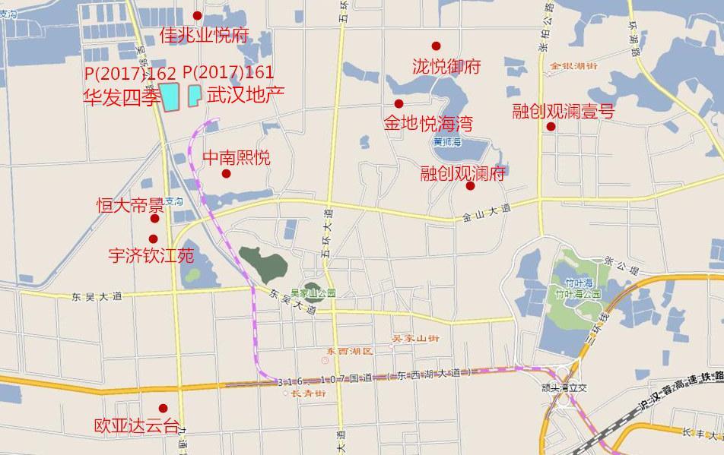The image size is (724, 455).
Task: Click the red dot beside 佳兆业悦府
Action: (198, 16)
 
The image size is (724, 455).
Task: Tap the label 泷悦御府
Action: (446, 67)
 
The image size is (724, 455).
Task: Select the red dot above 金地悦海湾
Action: (398, 104)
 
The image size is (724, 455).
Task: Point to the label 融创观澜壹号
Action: (563, 112)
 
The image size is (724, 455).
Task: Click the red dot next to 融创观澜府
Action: (470, 186)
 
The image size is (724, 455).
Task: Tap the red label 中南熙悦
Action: (237, 158)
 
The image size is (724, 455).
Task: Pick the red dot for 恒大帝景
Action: (154, 219)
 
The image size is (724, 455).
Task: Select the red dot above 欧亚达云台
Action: (162, 409)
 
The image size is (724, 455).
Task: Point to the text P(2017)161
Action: (228, 73)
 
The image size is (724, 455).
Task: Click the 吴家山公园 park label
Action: (313, 292)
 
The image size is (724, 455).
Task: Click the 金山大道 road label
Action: (484, 214)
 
